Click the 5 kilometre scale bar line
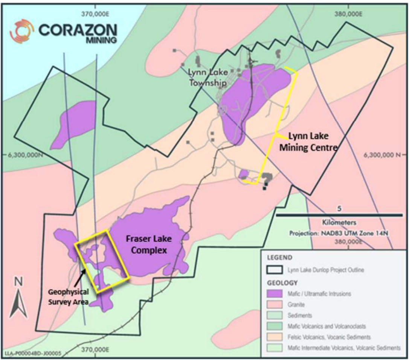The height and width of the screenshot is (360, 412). click(339, 215)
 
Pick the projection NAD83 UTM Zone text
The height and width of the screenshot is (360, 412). click(339, 232)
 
